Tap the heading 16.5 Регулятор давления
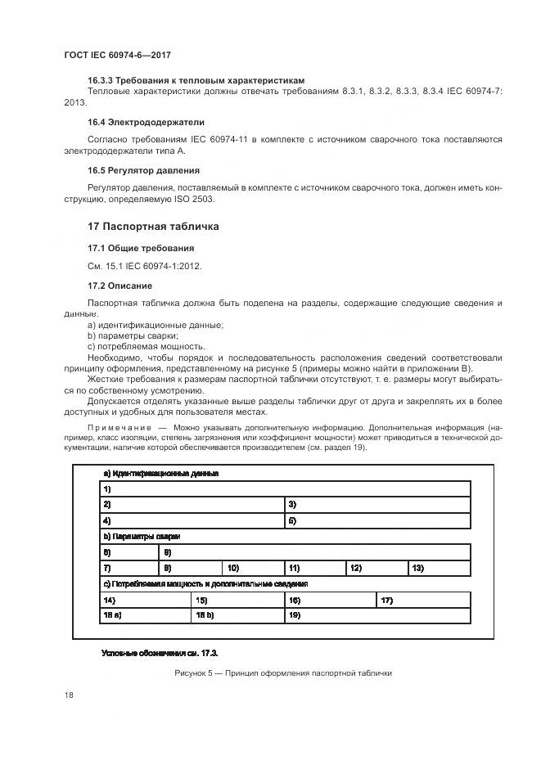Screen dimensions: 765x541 [x=143, y=170]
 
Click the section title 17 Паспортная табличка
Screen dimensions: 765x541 [x=153, y=226]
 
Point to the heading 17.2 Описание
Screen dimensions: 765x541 [x=119, y=286]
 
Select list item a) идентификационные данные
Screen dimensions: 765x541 [x=155, y=325]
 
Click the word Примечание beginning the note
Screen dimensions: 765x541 [x=119, y=427]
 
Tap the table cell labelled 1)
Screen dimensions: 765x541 [x=283, y=488]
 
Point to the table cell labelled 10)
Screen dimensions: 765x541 [x=252, y=568]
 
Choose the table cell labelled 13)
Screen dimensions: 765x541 [x=439, y=568]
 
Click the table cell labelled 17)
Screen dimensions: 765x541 [x=423, y=600]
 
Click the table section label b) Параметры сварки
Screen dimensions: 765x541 [x=141, y=537]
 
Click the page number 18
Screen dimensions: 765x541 [x=69, y=695]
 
